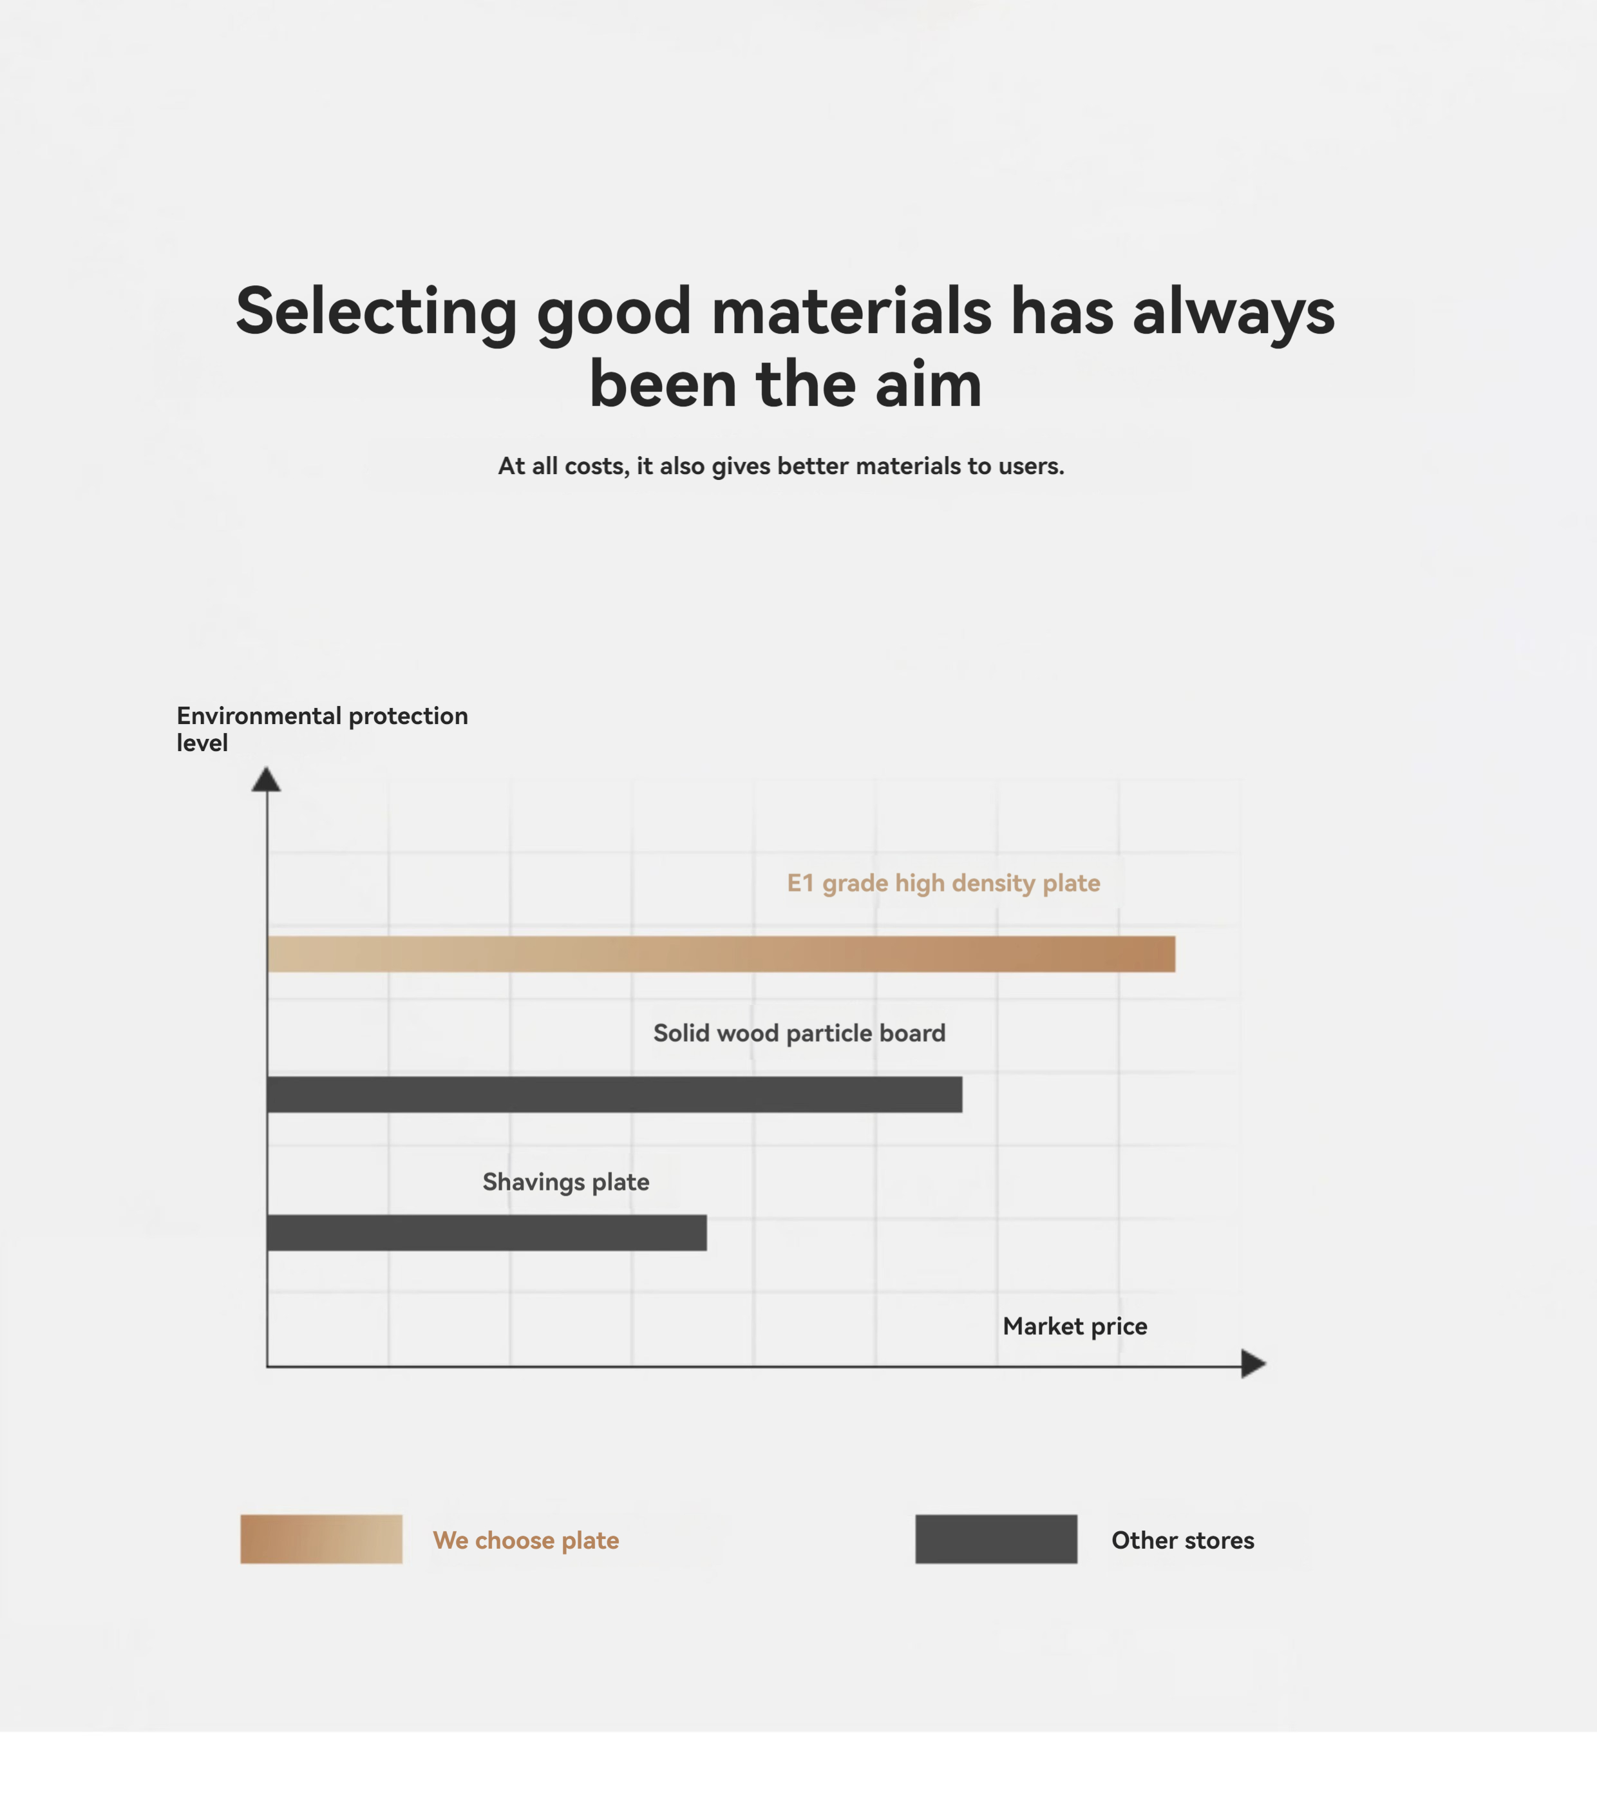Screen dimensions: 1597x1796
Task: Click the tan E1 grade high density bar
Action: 721,953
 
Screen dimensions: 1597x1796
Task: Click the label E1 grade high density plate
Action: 943,883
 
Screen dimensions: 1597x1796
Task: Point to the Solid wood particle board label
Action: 799,1033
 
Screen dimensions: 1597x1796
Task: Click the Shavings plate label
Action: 566,1183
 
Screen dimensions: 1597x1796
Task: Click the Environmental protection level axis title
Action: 323,729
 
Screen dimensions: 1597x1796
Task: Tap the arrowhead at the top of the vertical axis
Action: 266,779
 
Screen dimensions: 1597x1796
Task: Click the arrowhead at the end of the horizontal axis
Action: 1254,1364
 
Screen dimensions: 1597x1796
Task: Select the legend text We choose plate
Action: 526,1540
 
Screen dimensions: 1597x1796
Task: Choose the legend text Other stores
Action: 1182,1540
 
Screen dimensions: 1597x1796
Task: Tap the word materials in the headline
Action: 851,311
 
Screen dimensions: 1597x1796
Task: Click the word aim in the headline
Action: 929,385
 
